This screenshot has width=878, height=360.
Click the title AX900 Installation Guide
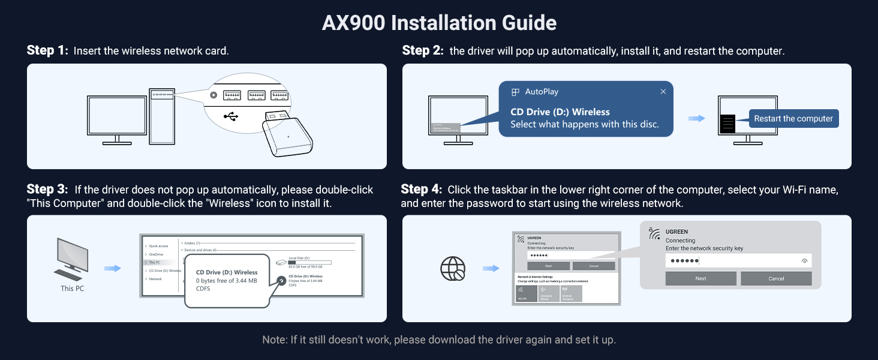[439, 23]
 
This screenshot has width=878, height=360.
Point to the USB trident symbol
[231, 115]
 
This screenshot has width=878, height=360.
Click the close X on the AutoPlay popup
[663, 92]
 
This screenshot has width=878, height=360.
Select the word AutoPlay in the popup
[542, 92]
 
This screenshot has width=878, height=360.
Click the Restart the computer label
[793, 119]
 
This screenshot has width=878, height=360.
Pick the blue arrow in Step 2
[696, 119]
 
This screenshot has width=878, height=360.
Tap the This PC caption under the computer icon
[72, 289]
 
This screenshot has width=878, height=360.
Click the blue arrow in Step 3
[112, 268]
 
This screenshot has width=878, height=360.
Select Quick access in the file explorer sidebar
[158, 246]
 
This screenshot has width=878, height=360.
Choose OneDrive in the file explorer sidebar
[155, 254]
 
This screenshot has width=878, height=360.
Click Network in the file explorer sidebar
[155, 279]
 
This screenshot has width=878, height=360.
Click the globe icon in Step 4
[453, 269]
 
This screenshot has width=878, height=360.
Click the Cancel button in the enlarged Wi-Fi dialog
[775, 278]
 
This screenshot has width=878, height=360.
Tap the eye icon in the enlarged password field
[804, 261]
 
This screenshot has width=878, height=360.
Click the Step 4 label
[422, 190]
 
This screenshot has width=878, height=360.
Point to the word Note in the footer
[275, 340]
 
